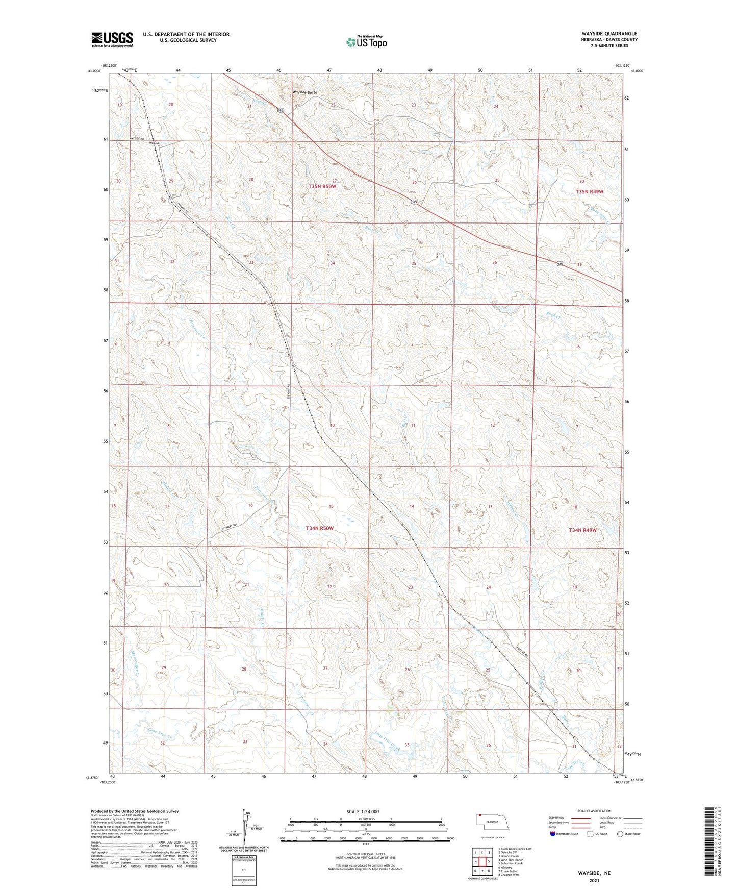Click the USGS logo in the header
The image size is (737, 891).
click(x=112, y=39)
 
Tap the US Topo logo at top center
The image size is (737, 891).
click(x=366, y=42)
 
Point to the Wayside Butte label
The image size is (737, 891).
click(x=304, y=92)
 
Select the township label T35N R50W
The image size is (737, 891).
click(x=322, y=187)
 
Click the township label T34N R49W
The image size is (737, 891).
click(x=582, y=530)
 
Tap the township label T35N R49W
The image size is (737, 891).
click(x=589, y=192)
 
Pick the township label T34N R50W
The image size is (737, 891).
click(x=319, y=528)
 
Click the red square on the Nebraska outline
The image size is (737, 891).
click(x=480, y=815)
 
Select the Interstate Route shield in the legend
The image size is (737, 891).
click(x=553, y=834)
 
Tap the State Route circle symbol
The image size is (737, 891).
click(x=620, y=834)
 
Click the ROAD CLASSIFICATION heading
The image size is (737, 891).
click(x=594, y=811)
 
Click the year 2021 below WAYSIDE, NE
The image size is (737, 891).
click(x=594, y=881)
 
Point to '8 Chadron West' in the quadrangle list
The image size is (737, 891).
click(x=509, y=875)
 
